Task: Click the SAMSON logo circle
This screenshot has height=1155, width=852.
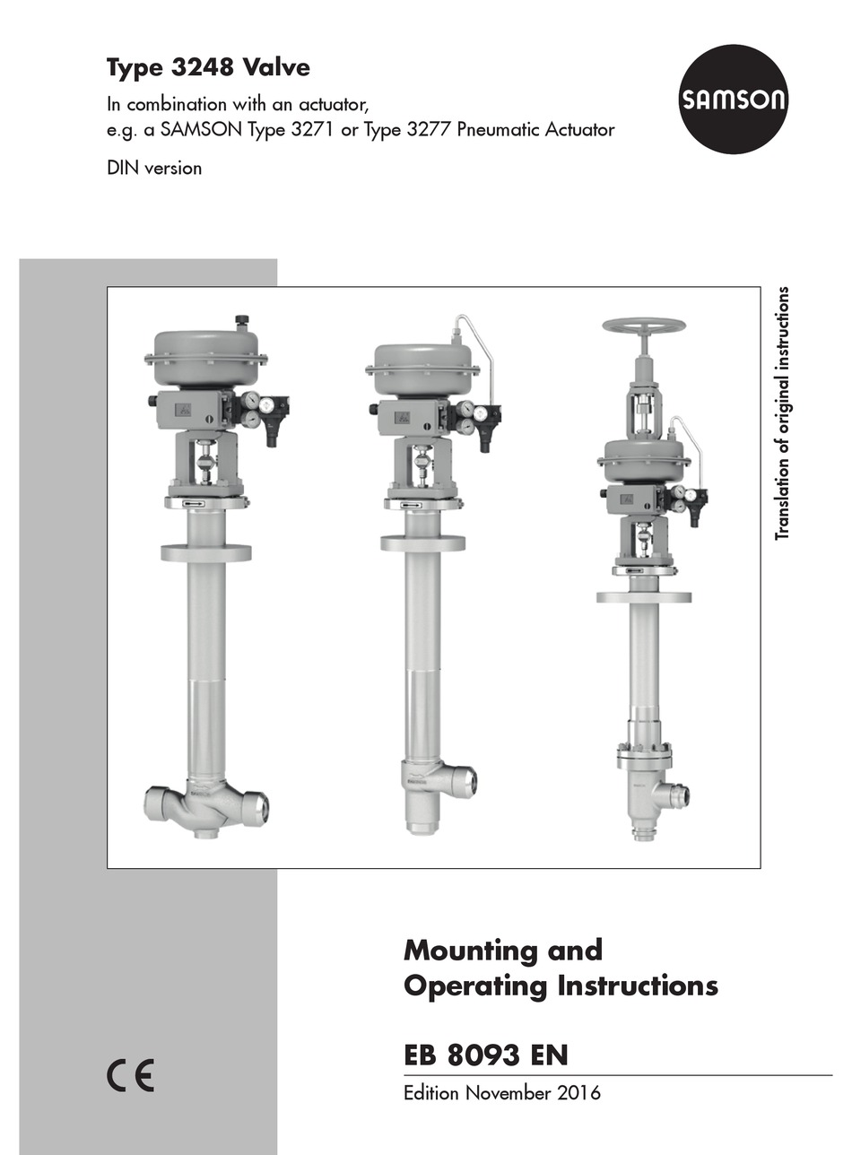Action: [732, 99]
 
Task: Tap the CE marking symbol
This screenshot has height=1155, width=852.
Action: [131, 1075]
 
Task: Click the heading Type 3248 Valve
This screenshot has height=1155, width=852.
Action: [208, 67]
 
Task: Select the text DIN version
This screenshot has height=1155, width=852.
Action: [154, 168]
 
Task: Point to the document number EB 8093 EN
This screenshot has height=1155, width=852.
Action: [485, 1055]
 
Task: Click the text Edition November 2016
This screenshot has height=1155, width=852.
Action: [502, 1093]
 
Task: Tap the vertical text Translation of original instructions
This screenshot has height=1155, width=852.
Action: [783, 412]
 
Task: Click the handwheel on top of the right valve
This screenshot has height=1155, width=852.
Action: [643, 326]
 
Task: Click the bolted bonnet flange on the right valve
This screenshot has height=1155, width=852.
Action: [643, 755]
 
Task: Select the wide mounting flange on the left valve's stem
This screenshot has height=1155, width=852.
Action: [206, 552]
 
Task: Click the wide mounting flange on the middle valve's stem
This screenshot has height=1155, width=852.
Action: [422, 543]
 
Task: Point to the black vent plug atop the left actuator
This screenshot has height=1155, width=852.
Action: [241, 320]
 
